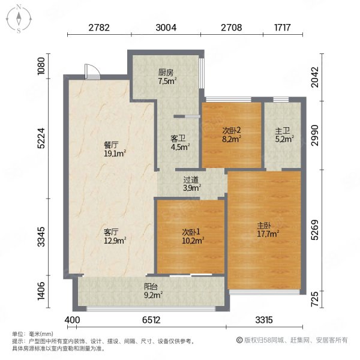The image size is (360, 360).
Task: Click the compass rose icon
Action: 19,19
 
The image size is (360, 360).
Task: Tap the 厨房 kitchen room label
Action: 166,73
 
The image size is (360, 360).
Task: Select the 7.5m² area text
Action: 167,81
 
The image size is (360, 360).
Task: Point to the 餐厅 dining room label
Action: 111,145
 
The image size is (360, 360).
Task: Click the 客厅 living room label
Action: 111,232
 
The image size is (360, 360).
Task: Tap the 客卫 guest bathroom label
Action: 178,139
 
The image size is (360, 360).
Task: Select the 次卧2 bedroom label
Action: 232,130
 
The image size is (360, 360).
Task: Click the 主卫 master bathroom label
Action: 283,131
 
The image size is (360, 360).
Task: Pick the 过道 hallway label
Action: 191,180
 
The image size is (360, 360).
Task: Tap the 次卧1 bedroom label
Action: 191,232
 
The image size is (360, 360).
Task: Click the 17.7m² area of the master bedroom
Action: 268,234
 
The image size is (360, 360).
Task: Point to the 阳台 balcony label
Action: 151,287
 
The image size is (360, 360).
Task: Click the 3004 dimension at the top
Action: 166,28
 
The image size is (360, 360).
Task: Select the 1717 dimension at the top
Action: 283,28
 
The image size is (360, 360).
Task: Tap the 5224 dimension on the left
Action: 41,138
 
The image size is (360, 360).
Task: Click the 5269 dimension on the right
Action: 315,230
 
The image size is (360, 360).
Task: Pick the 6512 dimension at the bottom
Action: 151,320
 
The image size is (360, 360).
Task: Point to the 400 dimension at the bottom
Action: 73,320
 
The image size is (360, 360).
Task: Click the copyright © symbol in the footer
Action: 239,340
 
